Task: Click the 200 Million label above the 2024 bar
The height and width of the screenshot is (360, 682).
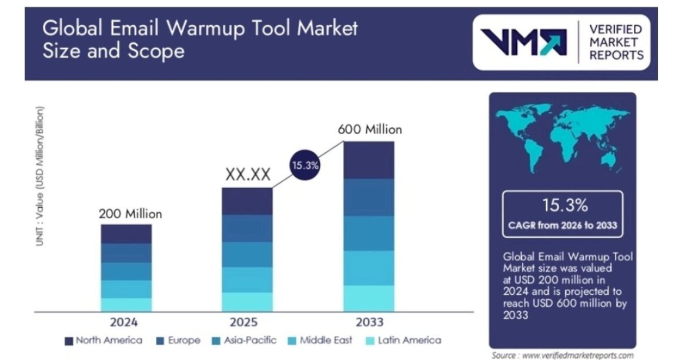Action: point(129,214)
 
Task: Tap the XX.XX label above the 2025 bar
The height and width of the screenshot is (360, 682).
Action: point(248,175)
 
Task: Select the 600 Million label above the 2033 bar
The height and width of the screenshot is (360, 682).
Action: point(370,129)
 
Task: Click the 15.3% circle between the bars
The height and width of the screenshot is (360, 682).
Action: point(305,165)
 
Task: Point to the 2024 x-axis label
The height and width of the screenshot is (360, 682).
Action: point(125,322)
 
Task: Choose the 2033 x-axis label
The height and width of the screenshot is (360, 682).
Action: point(369,322)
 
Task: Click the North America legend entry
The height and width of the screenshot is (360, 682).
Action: point(103,340)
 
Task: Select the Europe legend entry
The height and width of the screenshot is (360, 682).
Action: point(178,340)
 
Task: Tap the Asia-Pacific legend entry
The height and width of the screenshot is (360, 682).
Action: point(245,340)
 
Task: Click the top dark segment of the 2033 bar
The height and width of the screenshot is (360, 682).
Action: point(369,160)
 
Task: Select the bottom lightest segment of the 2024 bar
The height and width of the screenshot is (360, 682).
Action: point(126,304)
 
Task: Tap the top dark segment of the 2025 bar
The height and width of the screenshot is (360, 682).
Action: point(247,201)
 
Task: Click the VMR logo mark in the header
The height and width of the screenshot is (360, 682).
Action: point(524,42)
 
